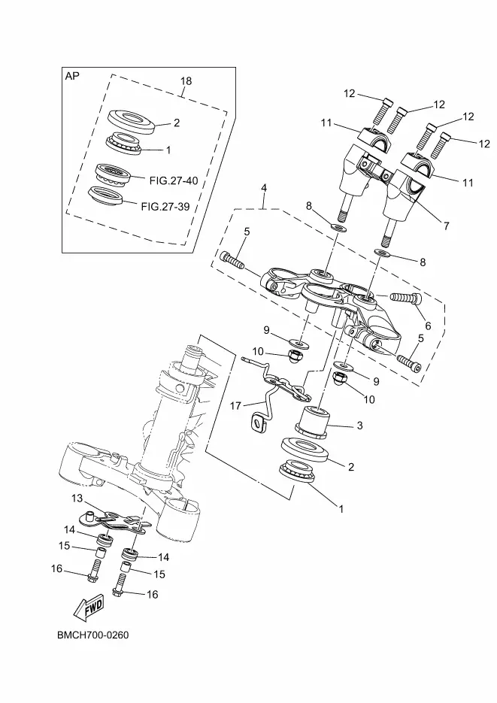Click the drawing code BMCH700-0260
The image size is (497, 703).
92,635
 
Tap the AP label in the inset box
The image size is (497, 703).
72,76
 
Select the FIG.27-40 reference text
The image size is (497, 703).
174,180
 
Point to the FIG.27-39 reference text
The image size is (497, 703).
165,207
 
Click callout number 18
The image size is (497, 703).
186,81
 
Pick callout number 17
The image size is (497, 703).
235,406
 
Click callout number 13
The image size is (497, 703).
77,498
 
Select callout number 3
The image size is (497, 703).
360,426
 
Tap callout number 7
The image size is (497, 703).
446,226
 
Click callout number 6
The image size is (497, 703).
428,326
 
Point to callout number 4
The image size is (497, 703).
264,188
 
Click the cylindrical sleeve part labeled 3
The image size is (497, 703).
312,423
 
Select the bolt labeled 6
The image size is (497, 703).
406,298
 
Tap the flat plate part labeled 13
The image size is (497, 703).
114,522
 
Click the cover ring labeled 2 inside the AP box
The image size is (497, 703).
132,122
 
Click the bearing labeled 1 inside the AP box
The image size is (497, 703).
123,143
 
